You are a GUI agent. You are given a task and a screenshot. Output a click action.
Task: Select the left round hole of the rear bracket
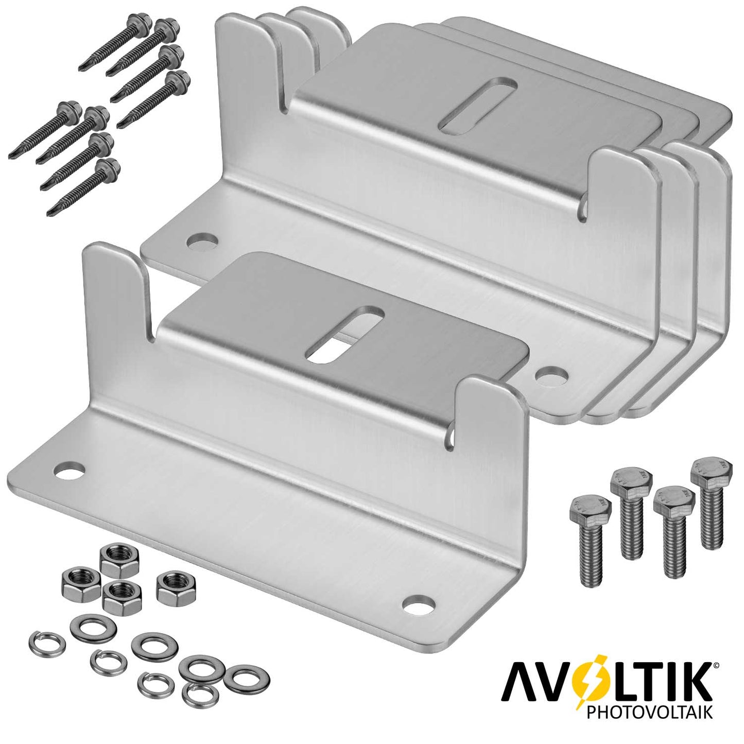pos(202,242)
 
